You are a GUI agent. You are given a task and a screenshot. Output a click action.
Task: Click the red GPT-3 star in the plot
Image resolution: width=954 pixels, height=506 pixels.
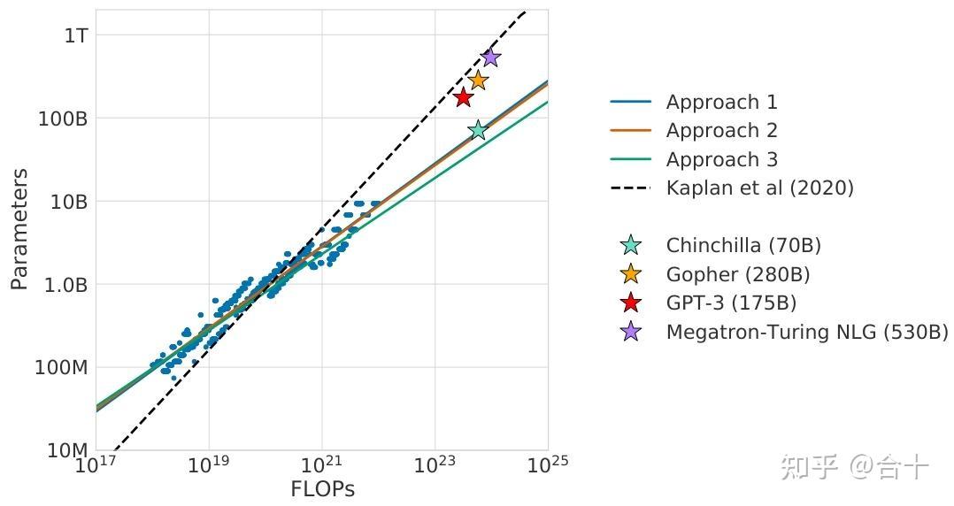[463, 96]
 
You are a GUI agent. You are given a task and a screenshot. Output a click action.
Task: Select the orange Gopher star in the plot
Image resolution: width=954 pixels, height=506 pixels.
[478, 80]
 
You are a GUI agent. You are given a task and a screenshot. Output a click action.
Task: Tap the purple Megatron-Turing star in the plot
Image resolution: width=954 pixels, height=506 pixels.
[490, 57]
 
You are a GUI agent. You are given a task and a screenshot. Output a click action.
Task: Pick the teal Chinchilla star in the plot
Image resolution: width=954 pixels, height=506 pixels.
[478, 130]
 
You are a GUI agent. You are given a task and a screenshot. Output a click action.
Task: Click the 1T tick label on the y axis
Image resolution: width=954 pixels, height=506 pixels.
[75, 34]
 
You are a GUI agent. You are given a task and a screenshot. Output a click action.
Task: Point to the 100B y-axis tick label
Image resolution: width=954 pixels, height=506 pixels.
[63, 118]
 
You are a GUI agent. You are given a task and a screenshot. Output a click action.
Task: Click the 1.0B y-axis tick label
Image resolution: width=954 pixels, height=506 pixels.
[65, 285]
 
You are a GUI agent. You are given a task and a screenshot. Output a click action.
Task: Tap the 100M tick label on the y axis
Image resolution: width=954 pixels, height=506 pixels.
[61, 368]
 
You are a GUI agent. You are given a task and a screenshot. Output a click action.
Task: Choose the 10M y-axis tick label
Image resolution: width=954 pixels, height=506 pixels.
[66, 451]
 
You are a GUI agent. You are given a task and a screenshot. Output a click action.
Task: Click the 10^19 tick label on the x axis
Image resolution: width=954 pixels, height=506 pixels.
[209, 464]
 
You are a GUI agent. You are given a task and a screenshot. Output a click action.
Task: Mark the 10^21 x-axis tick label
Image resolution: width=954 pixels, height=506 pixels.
[321, 464]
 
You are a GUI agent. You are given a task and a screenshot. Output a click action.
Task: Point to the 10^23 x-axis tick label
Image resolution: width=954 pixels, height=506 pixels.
[435, 464]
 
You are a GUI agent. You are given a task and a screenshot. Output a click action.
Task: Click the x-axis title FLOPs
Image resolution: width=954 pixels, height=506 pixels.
[322, 489]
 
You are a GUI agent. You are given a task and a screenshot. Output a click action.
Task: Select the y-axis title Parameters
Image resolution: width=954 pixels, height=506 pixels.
[19, 229]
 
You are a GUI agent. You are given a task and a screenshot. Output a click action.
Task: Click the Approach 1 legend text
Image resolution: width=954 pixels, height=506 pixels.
[721, 103]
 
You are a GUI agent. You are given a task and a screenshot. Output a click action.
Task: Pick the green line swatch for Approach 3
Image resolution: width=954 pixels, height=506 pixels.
[630, 160]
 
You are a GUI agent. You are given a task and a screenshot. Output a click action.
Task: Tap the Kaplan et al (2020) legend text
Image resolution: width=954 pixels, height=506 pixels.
[759, 188]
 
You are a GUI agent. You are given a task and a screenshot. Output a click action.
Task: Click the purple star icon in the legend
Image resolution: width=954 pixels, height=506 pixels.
[630, 332]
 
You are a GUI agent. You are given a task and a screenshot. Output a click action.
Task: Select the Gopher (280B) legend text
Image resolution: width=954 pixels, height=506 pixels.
[738, 274]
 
